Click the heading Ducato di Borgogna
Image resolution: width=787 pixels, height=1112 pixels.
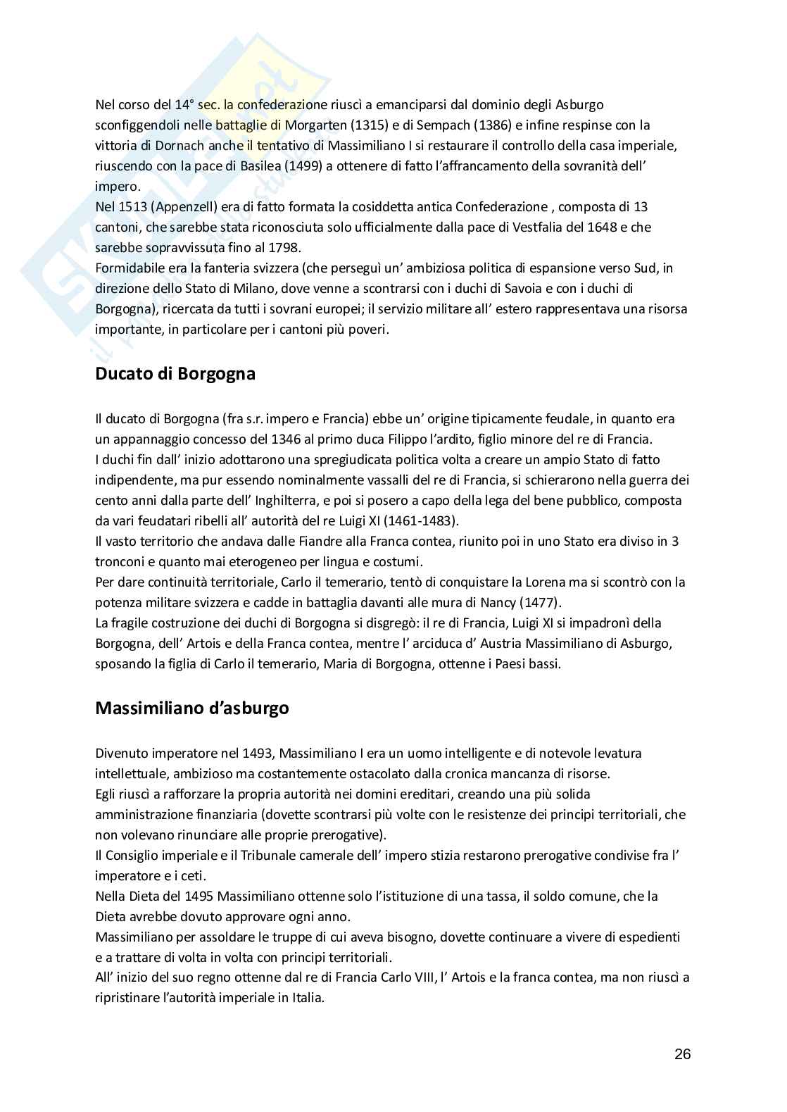click(x=175, y=374)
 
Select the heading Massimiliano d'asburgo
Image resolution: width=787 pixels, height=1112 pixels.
click(x=191, y=708)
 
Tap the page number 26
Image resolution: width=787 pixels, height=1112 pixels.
click(x=682, y=1054)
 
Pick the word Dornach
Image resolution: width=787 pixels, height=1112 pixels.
click(x=168, y=146)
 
